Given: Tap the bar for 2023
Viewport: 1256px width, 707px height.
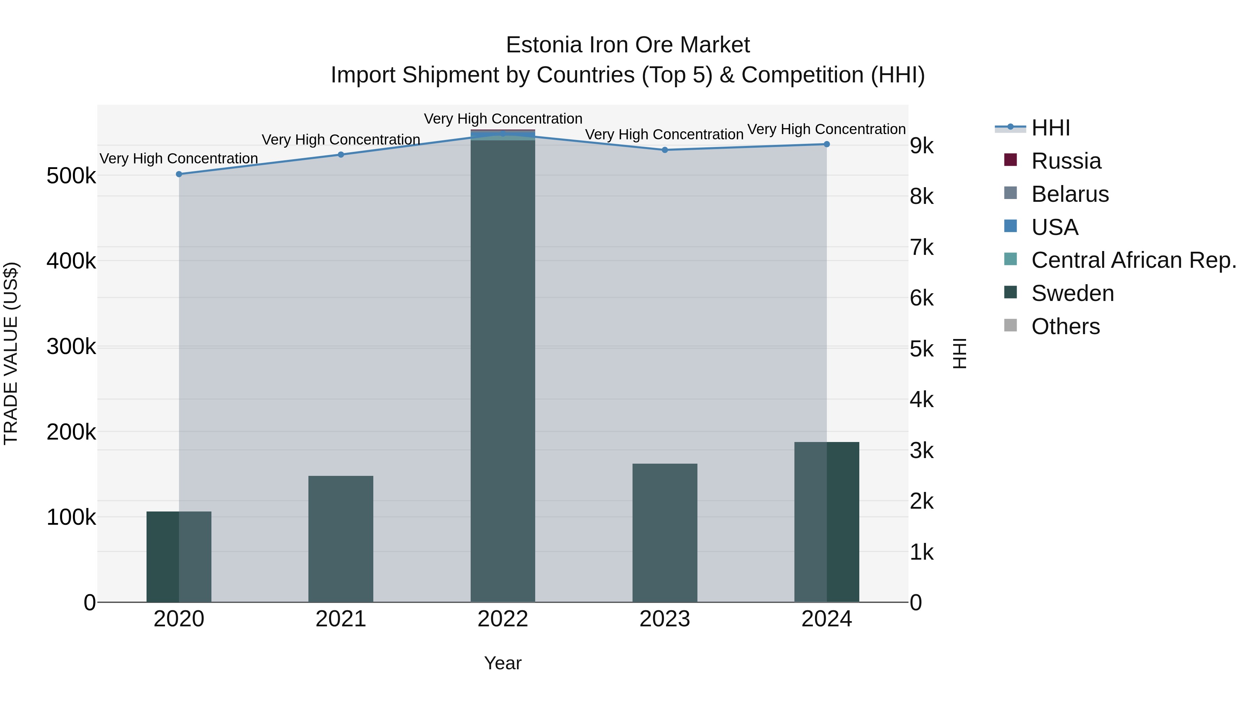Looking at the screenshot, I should (665, 533).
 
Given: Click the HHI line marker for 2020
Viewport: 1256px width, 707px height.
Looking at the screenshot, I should (179, 174).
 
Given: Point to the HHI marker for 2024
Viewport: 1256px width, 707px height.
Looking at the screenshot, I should (827, 145).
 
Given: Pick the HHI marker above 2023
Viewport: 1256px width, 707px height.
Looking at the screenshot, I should (665, 150).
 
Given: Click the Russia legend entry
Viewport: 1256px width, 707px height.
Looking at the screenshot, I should (1066, 161).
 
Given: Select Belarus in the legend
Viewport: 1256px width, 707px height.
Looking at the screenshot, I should (1070, 194).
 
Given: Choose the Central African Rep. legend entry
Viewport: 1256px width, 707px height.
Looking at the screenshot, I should (1134, 260).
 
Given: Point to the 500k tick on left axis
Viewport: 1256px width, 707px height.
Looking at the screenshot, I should (71, 176).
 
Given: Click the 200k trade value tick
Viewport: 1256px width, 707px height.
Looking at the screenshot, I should (71, 432).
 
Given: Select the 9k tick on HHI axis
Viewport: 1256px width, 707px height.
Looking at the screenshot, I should (921, 146).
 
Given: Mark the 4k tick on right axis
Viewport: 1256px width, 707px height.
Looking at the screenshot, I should (921, 400).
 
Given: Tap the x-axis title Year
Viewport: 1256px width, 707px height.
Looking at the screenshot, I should (503, 663).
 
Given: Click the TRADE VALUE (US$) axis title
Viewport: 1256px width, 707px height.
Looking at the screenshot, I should (11, 353).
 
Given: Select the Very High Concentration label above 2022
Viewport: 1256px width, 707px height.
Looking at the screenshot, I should (503, 119).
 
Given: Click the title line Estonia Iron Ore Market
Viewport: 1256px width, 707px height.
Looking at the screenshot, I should (628, 45).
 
